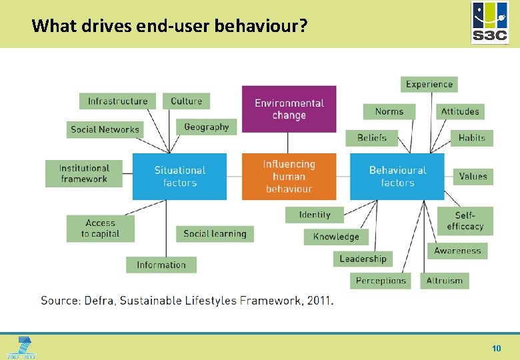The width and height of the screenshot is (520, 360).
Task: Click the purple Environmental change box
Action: (289, 109)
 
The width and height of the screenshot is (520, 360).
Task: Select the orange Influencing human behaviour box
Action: (289, 177)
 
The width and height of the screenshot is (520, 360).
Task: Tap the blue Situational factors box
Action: (179, 177)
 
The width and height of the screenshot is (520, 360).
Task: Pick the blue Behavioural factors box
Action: (397, 177)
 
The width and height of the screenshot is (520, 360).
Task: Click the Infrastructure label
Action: (118, 101)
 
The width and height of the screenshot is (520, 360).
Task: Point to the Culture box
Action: (186, 101)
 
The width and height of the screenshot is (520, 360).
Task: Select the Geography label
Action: (206, 127)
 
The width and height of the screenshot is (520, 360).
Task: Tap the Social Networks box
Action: (105, 129)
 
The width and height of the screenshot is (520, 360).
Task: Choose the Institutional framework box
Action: (84, 173)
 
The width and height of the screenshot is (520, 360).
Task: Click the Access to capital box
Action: (101, 229)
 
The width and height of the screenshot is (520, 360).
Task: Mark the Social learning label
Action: (215, 233)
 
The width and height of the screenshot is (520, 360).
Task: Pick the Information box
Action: (161, 265)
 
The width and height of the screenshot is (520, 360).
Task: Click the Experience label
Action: (429, 84)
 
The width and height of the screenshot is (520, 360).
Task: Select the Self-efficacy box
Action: (465, 221)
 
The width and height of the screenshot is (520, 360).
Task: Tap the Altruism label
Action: (444, 281)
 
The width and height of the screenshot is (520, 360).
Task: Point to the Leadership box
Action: (363, 259)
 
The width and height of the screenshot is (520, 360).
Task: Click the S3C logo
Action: (490, 23)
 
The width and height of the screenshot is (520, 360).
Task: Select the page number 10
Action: (496, 348)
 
